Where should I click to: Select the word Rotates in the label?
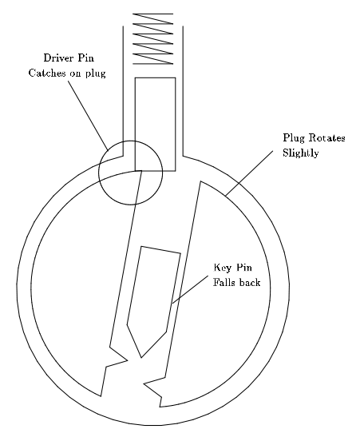[326, 137]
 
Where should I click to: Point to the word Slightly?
[300, 153]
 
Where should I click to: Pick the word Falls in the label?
[224, 282]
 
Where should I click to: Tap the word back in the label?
[249, 282]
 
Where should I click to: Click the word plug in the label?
[96, 73]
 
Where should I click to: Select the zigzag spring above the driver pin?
[153, 38]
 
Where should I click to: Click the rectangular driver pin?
[156, 124]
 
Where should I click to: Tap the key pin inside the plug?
[153, 301]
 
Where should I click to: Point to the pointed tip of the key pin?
[141, 357]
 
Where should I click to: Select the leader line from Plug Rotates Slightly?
[249, 173]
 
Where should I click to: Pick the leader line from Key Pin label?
[190, 289]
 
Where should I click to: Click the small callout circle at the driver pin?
[99, 173]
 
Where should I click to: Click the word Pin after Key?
[244, 267]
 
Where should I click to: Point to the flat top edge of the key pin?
[160, 250]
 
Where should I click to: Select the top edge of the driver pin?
[156, 78]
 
